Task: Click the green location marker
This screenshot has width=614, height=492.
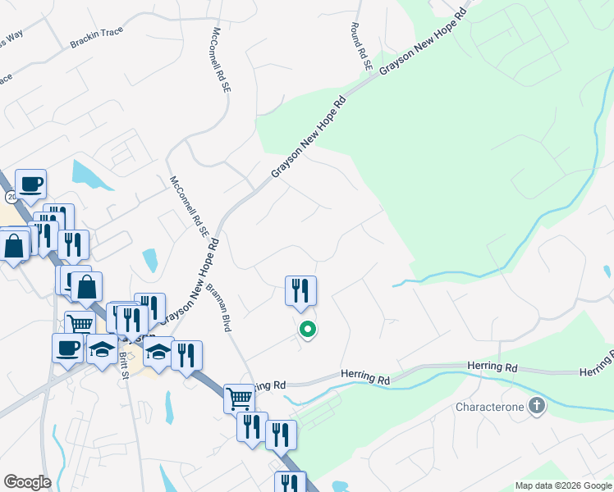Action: pos(308,330)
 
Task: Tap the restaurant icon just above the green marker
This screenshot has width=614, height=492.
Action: pos(300,290)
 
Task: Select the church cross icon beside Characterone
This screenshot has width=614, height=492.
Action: pos(537,406)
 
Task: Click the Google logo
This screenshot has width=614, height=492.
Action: pos(27,482)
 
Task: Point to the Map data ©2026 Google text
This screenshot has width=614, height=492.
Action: pos(562,485)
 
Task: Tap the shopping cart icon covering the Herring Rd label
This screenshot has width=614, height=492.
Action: pos(239,399)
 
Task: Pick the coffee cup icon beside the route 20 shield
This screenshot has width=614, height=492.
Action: pos(30,184)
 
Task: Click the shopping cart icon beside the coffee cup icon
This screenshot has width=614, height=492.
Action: pos(80,324)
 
